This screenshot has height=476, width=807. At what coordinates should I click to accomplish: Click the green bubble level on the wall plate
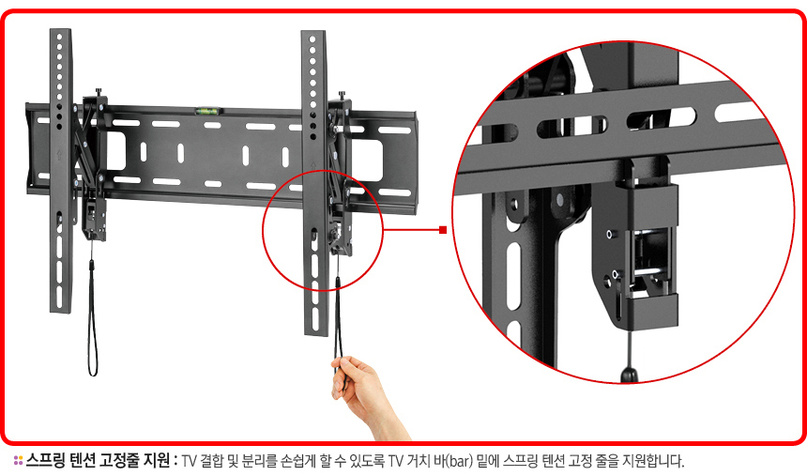point(208,110)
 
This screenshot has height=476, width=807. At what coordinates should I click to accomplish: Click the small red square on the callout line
point(443,230)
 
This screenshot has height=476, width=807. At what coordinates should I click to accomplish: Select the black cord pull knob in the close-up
point(630,375)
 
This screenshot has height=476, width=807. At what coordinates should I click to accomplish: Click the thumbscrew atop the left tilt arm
point(99,93)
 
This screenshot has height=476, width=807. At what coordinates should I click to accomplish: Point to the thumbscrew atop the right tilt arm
point(342,96)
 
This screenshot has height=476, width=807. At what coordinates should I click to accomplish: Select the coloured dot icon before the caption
point(18,460)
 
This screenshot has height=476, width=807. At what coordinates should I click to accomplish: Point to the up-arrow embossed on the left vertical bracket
point(59,153)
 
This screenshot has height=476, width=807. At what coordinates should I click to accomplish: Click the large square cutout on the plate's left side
point(115,151)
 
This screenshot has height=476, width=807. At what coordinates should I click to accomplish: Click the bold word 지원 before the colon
point(156,460)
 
